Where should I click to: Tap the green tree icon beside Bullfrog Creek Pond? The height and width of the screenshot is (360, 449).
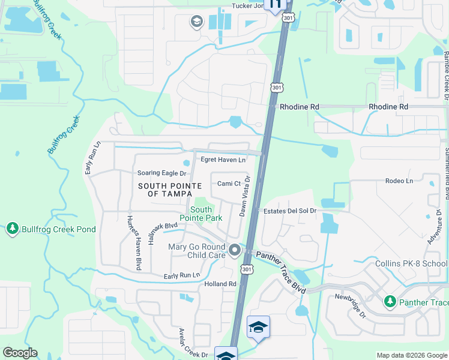tap(12, 229)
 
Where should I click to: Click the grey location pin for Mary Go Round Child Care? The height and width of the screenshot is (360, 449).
tap(235, 249)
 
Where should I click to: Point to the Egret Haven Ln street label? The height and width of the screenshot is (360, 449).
tap(223, 160)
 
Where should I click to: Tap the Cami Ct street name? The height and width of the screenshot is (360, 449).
tap(229, 184)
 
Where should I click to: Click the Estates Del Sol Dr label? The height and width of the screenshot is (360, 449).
tap(290, 211)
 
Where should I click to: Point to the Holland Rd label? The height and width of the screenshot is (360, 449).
tap(220, 284)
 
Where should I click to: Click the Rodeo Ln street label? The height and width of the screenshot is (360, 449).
tap(400, 181)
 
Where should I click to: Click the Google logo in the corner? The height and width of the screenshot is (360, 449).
tap(20, 353)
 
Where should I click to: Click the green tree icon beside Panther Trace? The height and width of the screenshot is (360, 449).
tap(390, 301)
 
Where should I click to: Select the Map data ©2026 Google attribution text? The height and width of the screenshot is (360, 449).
tap(412, 355)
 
